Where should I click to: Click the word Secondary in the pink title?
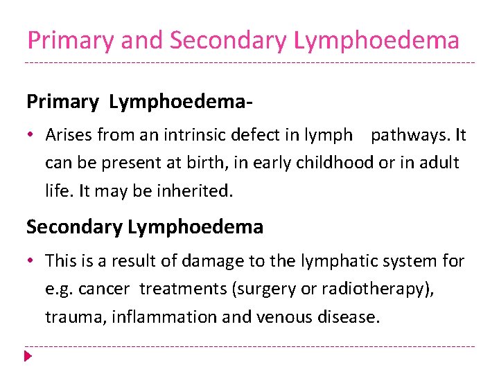[x=228, y=40]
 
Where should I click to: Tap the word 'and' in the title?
[x=142, y=40]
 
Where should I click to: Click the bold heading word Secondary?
[x=75, y=226]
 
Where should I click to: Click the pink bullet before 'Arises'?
[x=32, y=136]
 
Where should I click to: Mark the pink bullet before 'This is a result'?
[x=32, y=262]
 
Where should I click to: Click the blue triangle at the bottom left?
[x=28, y=357]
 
